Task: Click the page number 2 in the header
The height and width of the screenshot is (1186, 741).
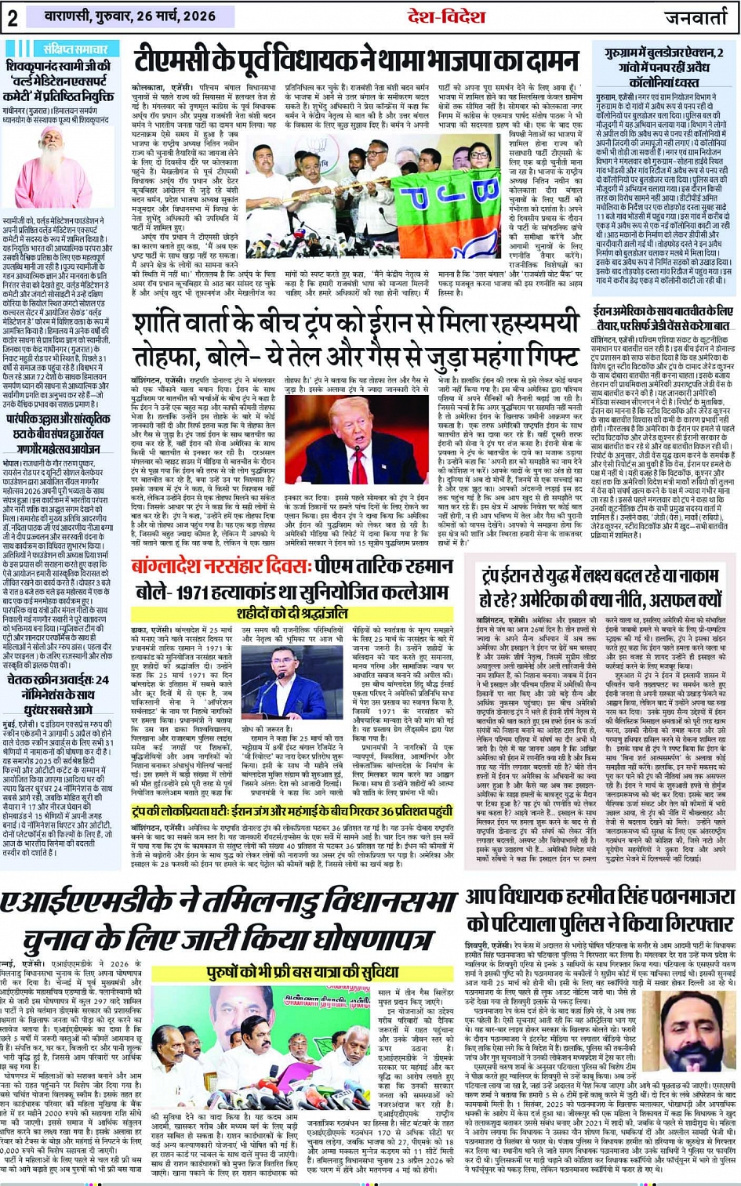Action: click(x=13, y=17)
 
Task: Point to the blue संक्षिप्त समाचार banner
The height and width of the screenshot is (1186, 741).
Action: click(x=65, y=48)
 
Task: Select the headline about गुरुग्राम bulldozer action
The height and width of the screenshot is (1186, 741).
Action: click(x=664, y=66)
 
